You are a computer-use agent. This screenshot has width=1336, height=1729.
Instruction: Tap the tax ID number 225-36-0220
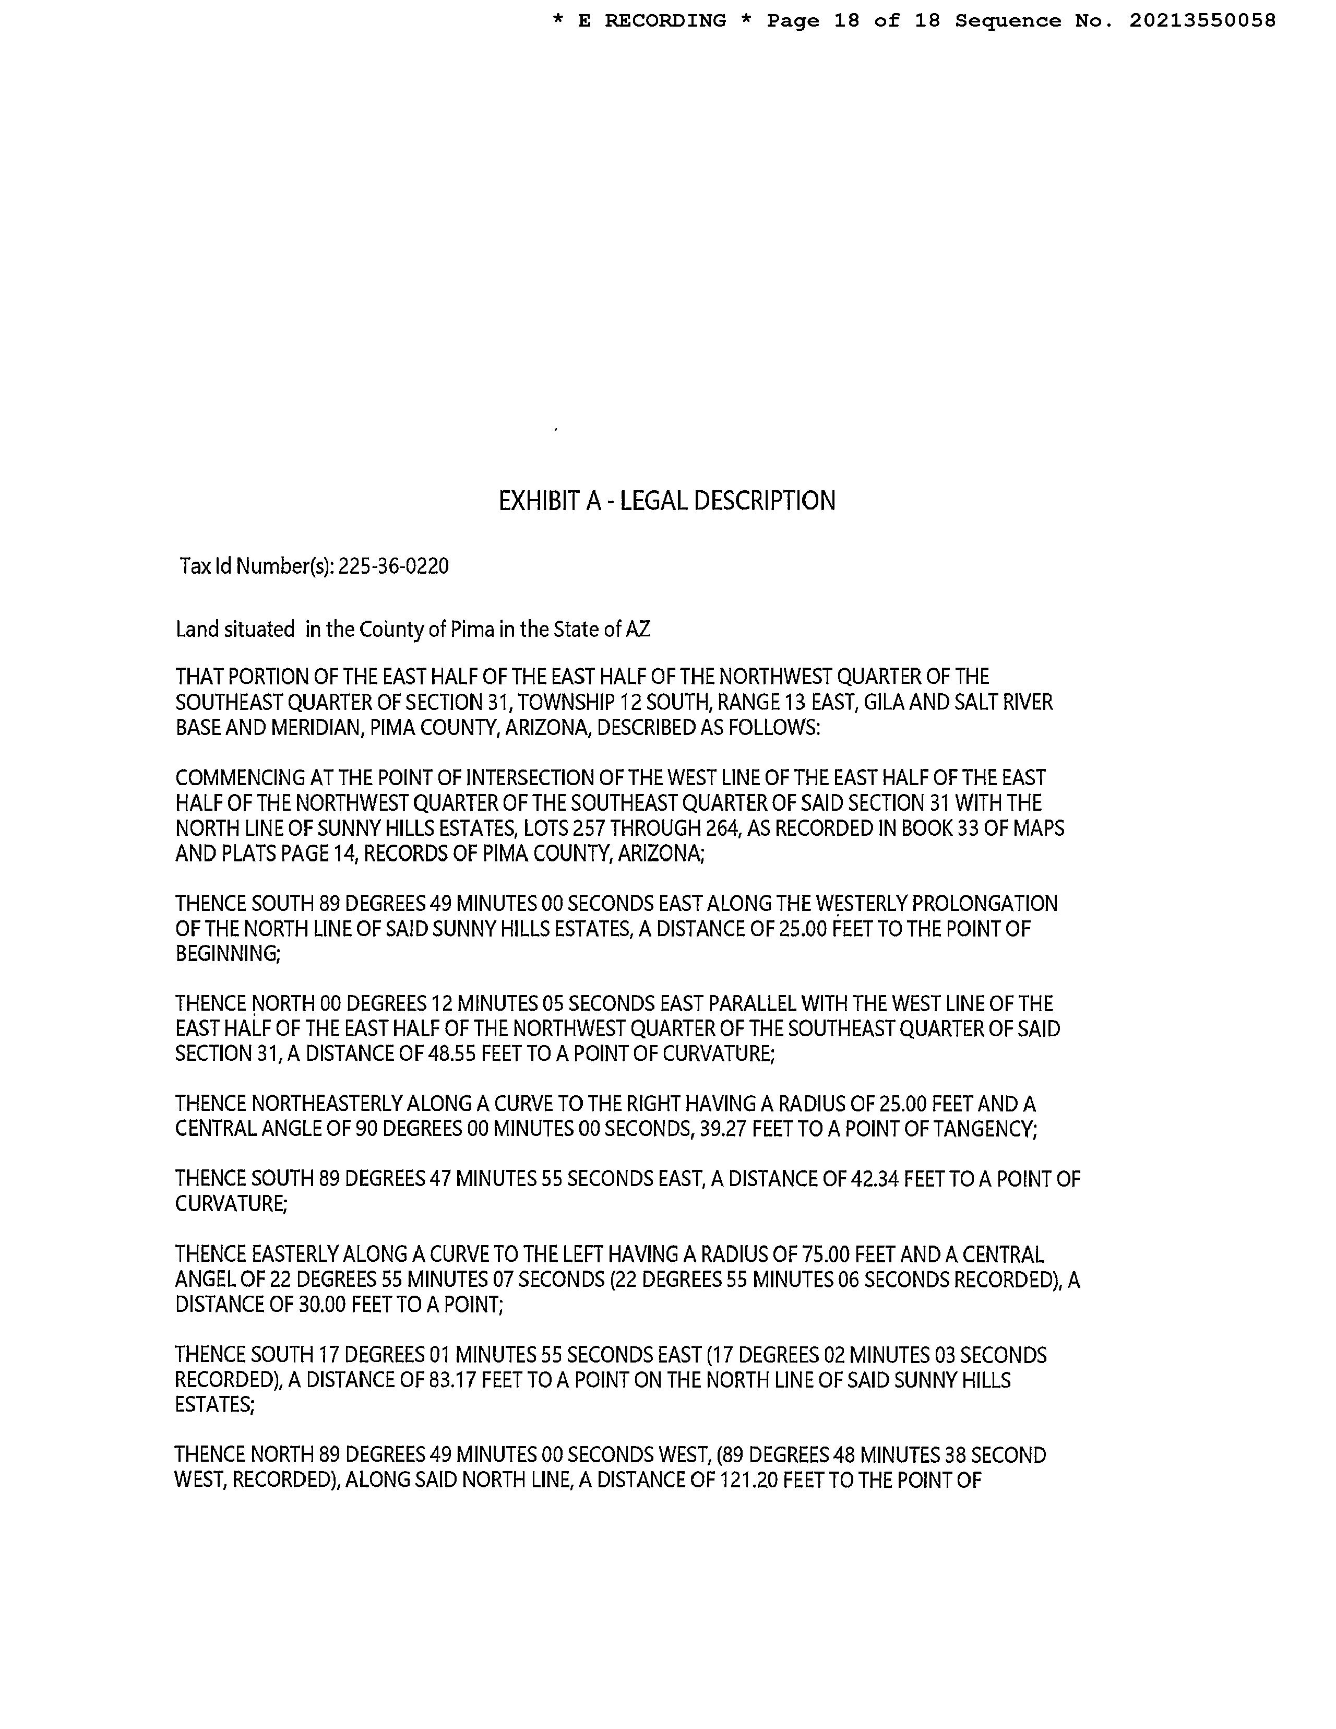tap(393, 567)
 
